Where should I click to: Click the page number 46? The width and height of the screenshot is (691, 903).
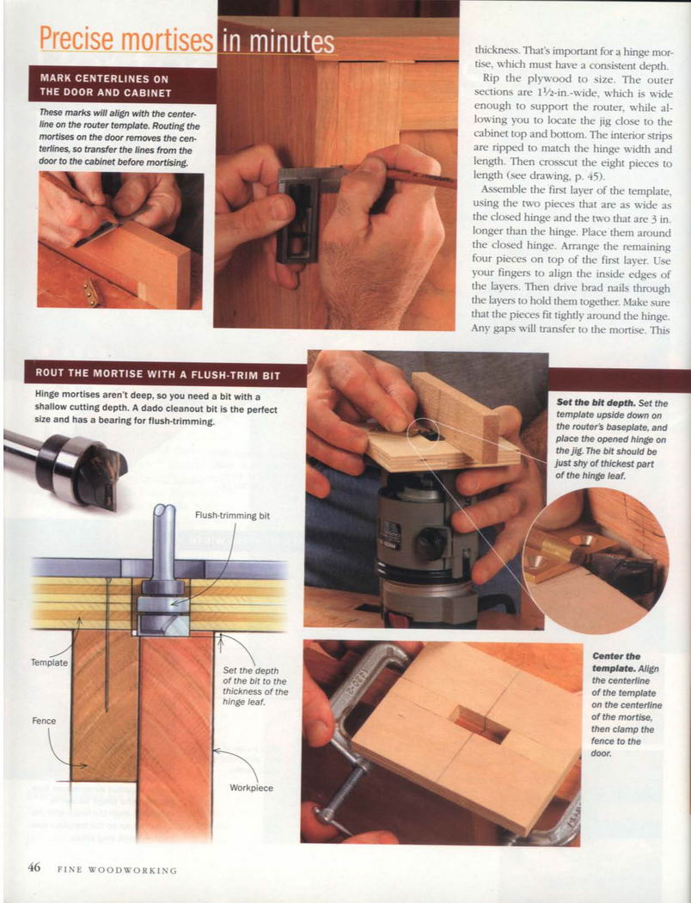click(x=34, y=867)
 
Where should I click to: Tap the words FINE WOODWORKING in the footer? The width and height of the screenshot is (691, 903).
click(x=118, y=870)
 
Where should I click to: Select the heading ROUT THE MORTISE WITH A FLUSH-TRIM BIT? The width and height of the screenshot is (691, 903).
click(x=157, y=374)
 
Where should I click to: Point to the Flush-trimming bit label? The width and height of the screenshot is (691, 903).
click(x=232, y=515)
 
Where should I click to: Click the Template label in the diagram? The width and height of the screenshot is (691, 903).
click(x=50, y=662)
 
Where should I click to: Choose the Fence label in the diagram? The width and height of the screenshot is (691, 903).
click(x=44, y=721)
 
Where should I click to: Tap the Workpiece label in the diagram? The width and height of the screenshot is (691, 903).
click(x=252, y=788)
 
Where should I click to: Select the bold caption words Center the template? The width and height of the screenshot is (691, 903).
click(x=616, y=662)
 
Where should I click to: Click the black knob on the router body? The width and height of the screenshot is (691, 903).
click(x=431, y=543)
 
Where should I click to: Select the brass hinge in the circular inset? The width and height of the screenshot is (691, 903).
click(x=570, y=554)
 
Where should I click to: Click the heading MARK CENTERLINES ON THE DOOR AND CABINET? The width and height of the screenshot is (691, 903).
click(x=106, y=85)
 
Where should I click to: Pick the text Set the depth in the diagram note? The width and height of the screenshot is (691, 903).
click(x=251, y=670)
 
